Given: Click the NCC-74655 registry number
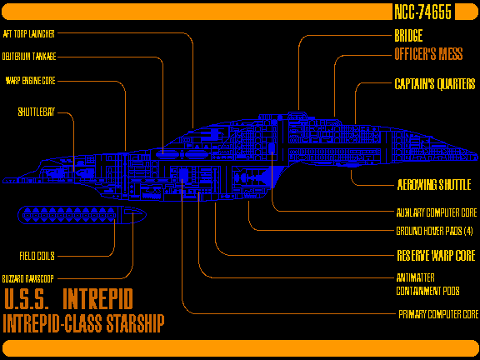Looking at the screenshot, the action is [422, 12].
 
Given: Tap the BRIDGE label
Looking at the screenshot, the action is [408, 36].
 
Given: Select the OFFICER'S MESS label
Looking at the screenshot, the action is [428, 54].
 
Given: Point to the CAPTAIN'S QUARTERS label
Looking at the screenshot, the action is [435, 83].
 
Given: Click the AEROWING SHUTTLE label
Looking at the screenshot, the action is [434, 185].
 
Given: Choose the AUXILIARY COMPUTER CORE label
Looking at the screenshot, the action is [437, 212].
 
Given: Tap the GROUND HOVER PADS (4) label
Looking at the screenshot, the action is [434, 231].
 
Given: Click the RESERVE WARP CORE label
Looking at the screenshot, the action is [436, 255].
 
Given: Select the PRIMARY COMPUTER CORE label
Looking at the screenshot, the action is [438, 314].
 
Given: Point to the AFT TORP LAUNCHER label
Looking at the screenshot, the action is [29, 33].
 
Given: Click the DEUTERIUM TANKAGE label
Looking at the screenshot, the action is [29, 57].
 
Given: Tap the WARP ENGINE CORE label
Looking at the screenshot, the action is [30, 81].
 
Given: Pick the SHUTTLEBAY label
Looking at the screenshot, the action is [36, 112].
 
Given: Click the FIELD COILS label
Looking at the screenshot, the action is [37, 256].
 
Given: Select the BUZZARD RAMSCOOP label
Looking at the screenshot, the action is [27, 278].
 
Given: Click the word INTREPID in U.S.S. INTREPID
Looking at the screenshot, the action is [98, 298].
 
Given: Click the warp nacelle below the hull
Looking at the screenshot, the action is [82, 215].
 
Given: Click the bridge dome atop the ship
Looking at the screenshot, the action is [297, 115].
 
